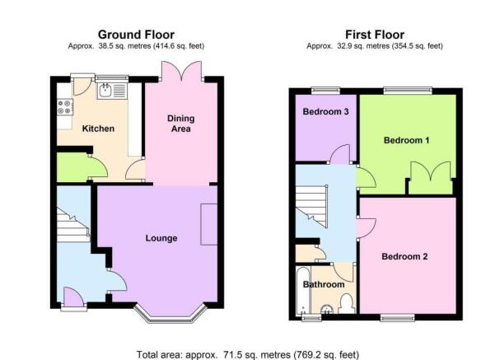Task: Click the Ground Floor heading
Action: (136, 35)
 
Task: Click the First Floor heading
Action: (375, 35)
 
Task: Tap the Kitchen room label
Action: (98, 129)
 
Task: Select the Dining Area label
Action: (181, 124)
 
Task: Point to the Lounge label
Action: (161, 238)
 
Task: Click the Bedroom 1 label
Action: (406, 140)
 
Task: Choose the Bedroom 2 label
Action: (404, 256)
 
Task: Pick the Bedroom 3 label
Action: (326, 111)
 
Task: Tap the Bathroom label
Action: (324, 284)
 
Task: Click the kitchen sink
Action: (112, 91)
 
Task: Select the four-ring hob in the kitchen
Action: (65, 107)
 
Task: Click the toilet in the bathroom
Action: (347, 304)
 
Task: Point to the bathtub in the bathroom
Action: (303, 291)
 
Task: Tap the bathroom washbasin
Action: (327, 310)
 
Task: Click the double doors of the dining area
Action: (181, 71)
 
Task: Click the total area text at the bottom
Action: (248, 354)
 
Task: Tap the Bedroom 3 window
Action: (326, 91)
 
